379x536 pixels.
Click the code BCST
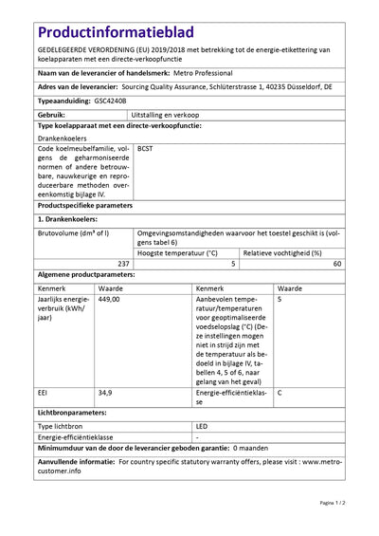click(x=146, y=148)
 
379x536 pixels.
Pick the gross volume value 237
click(x=122, y=263)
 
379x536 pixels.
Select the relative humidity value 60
click(x=337, y=263)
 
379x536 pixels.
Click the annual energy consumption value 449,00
click(x=110, y=298)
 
